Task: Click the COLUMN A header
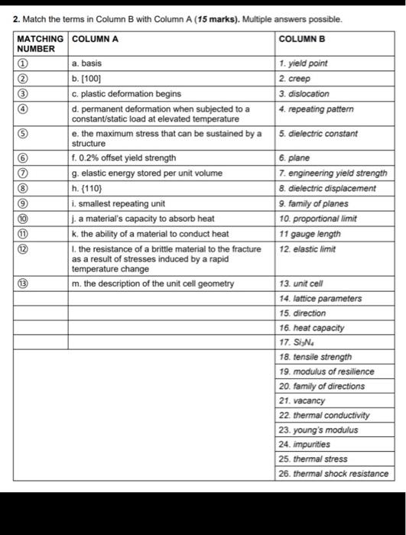pyautogui.click(x=94, y=37)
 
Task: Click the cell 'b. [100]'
pyautogui.click(x=86, y=78)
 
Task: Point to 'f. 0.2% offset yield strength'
pyautogui.click(x=123, y=158)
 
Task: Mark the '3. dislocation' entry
pyautogui.click(x=304, y=94)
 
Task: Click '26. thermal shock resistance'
pyautogui.click(x=333, y=473)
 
